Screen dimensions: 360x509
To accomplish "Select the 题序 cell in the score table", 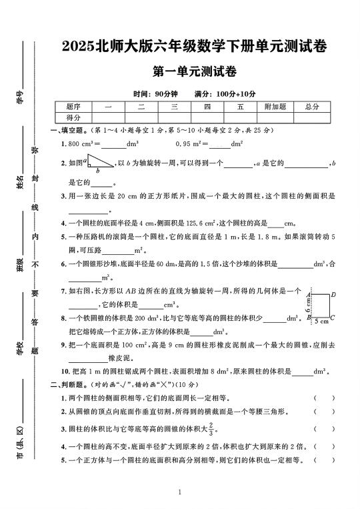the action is [x=73, y=107].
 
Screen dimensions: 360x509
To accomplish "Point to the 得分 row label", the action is [x=73, y=117].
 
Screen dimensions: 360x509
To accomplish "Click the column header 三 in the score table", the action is [x=174, y=107].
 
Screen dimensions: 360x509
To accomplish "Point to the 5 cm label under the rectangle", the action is [x=321, y=322].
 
